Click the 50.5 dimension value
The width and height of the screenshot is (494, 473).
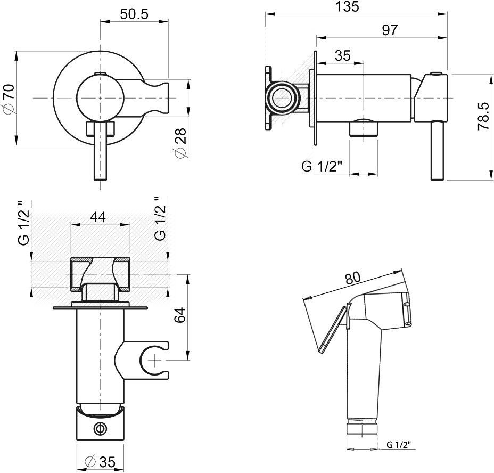click(134, 14)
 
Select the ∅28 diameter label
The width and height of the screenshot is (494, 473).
click(180, 143)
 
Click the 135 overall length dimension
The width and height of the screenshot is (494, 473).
click(347, 6)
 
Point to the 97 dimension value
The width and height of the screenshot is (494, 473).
click(390, 30)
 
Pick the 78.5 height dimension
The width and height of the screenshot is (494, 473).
click(483, 116)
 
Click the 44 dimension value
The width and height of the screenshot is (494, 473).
click(98, 217)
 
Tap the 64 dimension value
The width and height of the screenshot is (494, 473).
click(180, 314)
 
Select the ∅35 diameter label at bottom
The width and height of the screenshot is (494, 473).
click(101, 462)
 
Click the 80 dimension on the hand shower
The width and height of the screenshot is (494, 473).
click(352, 278)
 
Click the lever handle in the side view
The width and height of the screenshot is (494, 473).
click(437, 150)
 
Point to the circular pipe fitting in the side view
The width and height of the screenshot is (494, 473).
click(281, 98)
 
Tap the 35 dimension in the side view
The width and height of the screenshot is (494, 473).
click(343, 55)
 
